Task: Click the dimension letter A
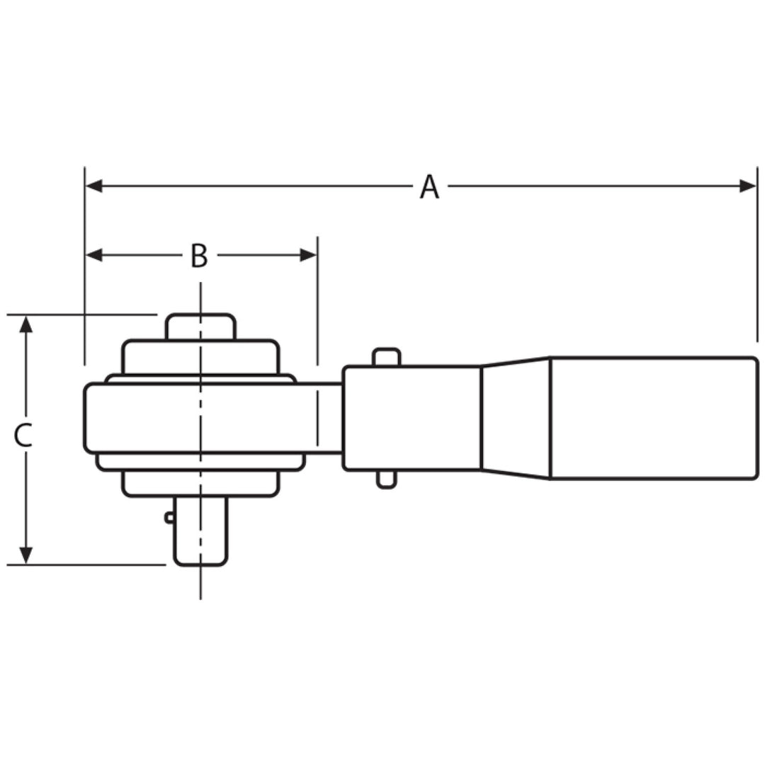(x=429, y=187)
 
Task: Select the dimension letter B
(x=199, y=256)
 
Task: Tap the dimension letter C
(x=23, y=436)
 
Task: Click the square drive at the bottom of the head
(x=201, y=531)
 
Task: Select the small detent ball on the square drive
(x=169, y=517)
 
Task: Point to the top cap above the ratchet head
(x=201, y=327)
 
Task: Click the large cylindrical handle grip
(x=654, y=418)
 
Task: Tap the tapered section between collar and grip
(x=516, y=418)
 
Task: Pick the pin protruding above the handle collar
(x=387, y=356)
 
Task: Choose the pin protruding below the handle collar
(x=386, y=480)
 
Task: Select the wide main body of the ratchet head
(x=198, y=418)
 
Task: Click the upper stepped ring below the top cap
(x=201, y=357)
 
